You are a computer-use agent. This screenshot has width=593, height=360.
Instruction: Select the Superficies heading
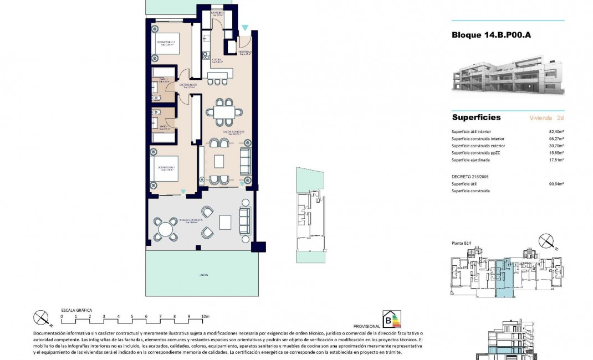click(x=476, y=117)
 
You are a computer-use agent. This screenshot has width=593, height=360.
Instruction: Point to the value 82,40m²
click(x=556, y=131)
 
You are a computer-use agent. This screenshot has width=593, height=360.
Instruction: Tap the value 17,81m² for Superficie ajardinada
click(x=556, y=160)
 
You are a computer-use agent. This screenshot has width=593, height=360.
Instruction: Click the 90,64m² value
click(x=556, y=184)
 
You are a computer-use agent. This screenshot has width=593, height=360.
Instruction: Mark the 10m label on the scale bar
click(x=206, y=317)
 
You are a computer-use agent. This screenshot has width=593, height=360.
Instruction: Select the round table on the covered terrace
click(x=165, y=229)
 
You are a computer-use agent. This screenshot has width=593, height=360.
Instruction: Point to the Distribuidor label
click(x=188, y=85)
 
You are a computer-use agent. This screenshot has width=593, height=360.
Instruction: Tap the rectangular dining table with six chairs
click(x=224, y=112)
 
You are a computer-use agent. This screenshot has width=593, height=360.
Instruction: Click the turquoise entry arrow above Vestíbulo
click(x=245, y=27)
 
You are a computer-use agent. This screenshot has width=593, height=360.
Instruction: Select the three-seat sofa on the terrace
click(x=244, y=220)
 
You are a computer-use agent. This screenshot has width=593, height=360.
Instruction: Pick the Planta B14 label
click(x=461, y=243)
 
